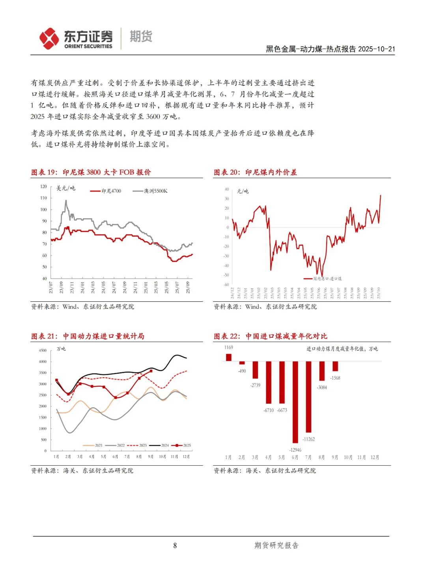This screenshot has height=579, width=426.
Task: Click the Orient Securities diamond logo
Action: [x=49, y=38]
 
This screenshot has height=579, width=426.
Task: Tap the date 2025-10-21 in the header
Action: [x=376, y=49]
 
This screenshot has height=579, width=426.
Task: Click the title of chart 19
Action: [x=91, y=172]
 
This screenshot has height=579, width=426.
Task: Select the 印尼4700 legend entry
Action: [x=106, y=191]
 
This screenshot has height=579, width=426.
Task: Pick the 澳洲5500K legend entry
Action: [x=150, y=191]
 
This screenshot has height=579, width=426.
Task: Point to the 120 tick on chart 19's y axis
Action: [x=43, y=186]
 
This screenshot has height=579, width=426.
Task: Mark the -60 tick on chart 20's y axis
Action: [x=226, y=285]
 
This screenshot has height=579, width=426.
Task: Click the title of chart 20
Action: [x=255, y=172]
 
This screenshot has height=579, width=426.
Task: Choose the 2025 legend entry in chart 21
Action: [x=182, y=446]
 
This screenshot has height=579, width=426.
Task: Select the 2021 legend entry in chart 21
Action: [x=93, y=446]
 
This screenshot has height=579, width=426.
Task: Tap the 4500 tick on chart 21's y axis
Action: [x=43, y=350]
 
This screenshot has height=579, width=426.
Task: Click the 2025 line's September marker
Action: [x=151, y=371]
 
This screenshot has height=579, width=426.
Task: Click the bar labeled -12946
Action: [x=295, y=402]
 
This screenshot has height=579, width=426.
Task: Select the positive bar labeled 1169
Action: [x=229, y=357]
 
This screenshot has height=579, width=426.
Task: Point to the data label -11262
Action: [x=308, y=439]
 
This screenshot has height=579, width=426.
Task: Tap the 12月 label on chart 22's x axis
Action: [x=375, y=457]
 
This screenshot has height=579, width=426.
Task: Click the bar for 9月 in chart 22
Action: [x=335, y=366]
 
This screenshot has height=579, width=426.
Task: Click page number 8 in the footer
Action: [x=175, y=545]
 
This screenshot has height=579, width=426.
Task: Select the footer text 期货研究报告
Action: [x=277, y=545]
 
